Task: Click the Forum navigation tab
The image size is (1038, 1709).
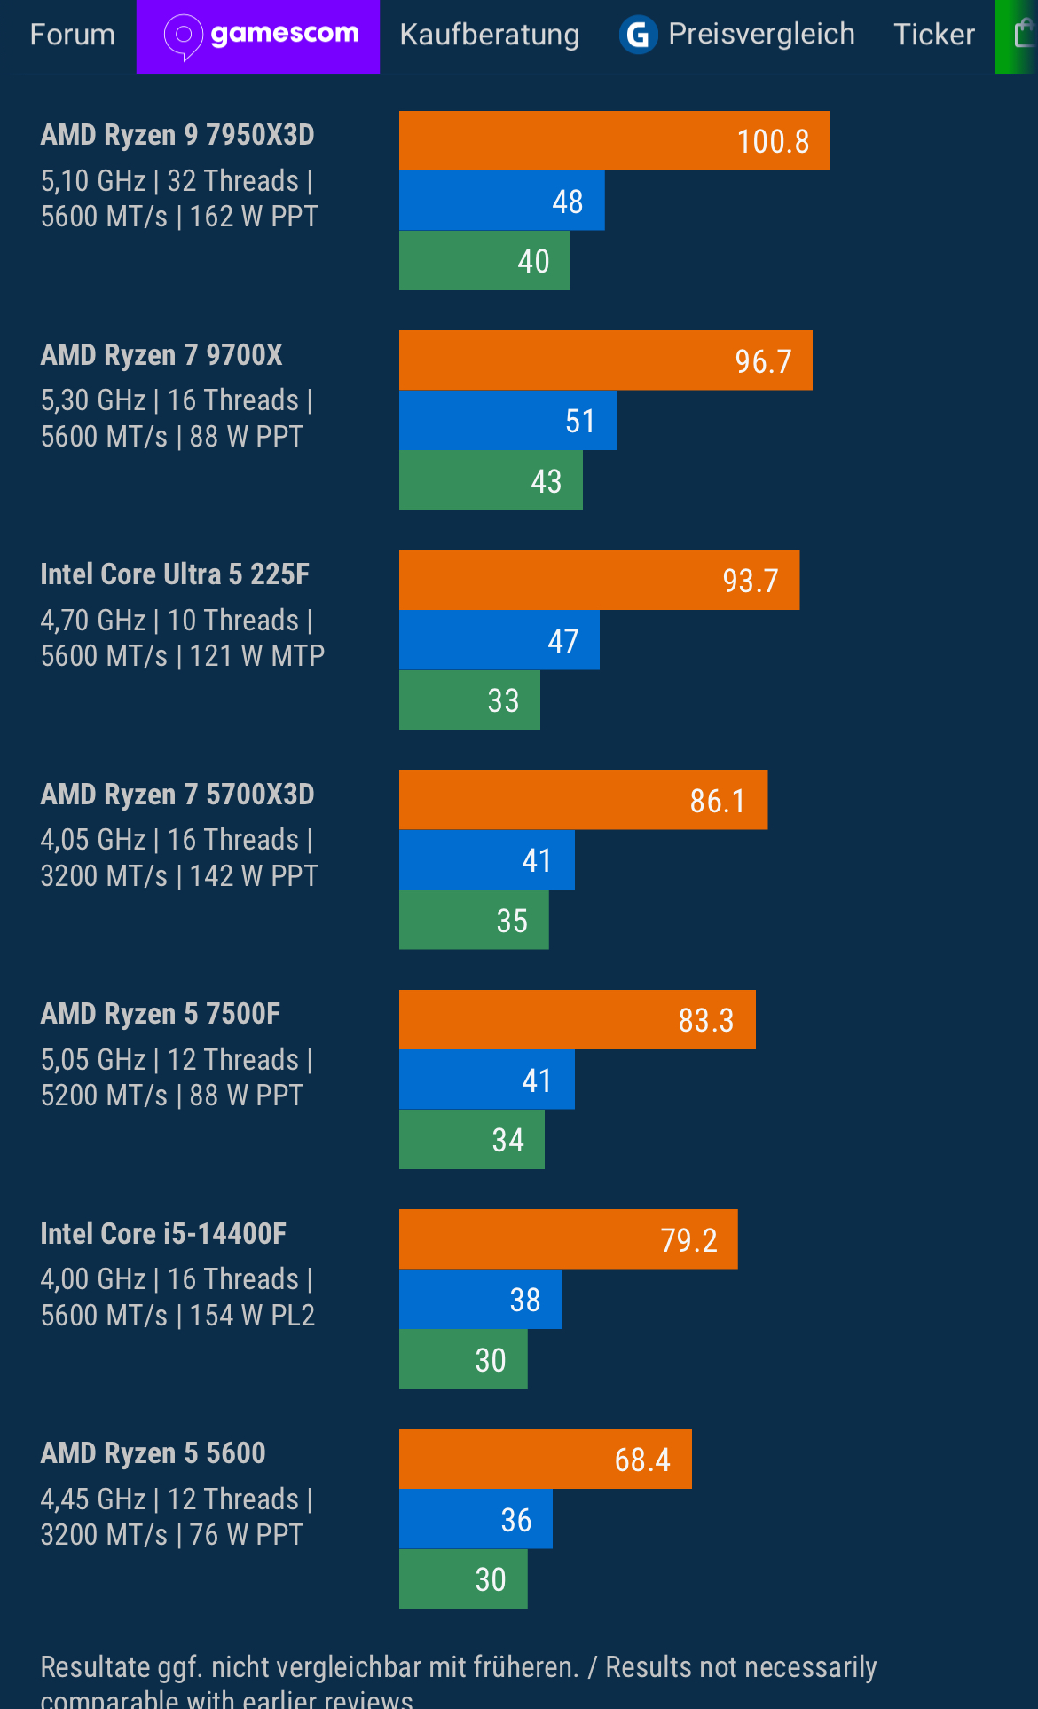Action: [73, 35]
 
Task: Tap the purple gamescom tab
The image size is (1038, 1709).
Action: [258, 36]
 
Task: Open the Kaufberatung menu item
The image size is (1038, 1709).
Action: [489, 35]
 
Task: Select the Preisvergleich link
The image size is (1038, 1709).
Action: [761, 35]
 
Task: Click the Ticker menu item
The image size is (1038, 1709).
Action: [933, 35]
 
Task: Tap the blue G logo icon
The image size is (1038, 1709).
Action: [638, 36]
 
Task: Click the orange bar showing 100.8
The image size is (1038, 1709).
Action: [614, 140]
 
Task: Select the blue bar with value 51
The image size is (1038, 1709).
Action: [507, 420]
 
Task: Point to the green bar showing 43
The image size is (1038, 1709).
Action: [491, 480]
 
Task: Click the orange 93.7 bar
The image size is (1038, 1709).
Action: [599, 580]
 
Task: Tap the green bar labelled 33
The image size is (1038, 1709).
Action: [469, 700]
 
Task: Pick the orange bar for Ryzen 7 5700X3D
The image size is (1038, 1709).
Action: [583, 800]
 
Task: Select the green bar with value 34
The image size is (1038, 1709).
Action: [471, 1140]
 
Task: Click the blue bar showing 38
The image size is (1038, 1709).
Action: [480, 1299]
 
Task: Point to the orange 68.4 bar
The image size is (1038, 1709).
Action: [545, 1459]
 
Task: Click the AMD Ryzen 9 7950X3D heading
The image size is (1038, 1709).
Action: [177, 135]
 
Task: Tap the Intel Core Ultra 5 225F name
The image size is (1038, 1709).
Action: [175, 574]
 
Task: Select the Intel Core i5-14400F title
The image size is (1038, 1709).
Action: [163, 1234]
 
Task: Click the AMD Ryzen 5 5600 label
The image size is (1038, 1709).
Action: [153, 1453]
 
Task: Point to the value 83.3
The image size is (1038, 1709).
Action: [706, 1020]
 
